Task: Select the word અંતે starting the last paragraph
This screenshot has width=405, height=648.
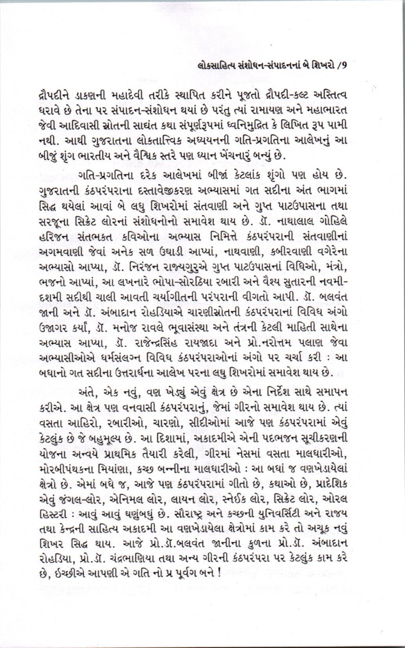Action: tap(88, 392)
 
